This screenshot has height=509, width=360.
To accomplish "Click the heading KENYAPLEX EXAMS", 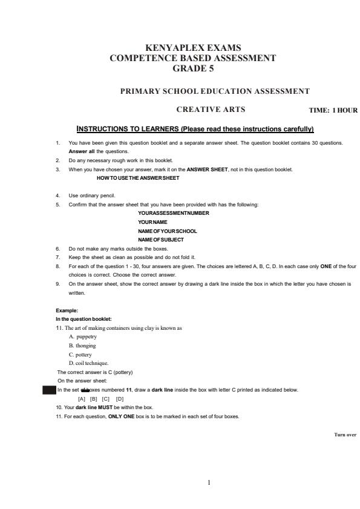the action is pos(193,48).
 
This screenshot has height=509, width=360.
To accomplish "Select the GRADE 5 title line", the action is pos(192,68).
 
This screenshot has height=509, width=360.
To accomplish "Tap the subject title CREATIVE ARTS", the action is pos(211,110).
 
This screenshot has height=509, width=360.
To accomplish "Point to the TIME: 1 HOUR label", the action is pos(333,111).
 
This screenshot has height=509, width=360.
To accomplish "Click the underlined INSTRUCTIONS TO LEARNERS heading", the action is pos(195,129).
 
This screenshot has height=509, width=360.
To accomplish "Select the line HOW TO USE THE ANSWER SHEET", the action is pos(138,178).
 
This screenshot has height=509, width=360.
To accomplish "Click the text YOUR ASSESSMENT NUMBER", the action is pos(174,213).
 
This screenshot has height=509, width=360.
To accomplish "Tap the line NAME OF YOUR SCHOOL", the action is pos(168,231).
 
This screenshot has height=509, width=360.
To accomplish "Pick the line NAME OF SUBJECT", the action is pos(161,240).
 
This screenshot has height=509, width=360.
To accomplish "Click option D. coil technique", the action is pos(89,363).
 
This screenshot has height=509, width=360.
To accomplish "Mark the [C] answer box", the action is pos(106,399).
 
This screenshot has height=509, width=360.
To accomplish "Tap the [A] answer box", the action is pos(82,399).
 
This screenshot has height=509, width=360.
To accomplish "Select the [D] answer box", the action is pos(120,399).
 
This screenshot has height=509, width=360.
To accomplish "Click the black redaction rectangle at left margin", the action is pos(49,390).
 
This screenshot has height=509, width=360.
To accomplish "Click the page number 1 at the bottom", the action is pos(209,482).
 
